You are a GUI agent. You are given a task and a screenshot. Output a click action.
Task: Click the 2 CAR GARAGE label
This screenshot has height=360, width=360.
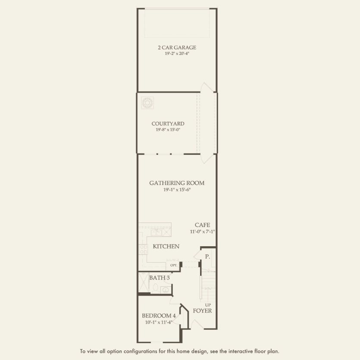coord(177,47)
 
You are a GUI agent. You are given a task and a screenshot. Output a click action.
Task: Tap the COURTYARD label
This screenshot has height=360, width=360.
coord(168,124)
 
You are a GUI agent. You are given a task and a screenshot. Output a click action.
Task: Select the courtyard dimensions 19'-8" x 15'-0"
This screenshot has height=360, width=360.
coord(168,130)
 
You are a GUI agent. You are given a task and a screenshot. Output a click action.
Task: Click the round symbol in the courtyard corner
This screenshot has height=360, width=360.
coord(147,102)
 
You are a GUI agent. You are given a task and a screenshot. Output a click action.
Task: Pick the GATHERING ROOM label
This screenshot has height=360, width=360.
coord(177,183)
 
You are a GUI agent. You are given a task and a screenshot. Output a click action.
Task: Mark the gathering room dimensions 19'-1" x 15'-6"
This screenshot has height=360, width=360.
coord(177,189)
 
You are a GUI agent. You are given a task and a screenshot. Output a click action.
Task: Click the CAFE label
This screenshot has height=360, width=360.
coord(202,225)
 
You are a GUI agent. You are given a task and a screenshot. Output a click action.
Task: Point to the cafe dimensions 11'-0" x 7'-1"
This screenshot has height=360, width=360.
coord(202,232)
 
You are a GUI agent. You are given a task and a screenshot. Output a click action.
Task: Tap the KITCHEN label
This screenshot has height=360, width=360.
coord(166,247)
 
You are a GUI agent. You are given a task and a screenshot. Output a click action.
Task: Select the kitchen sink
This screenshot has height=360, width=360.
coord(156,232)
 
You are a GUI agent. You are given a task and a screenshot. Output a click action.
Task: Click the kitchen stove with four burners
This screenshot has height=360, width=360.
coord(143,250)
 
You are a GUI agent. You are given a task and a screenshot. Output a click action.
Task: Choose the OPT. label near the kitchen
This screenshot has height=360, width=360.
coord(173,265)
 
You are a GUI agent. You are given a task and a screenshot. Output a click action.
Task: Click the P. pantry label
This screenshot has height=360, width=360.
coord(207,257)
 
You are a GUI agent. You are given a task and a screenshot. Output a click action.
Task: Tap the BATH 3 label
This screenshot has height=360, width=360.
coord(159,278)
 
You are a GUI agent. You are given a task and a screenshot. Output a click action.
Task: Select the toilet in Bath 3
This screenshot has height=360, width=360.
coord(164,289)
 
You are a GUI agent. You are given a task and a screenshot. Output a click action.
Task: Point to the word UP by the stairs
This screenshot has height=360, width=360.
coord(208,305)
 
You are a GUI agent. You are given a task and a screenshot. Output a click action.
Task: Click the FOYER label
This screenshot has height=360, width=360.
coord(202,311)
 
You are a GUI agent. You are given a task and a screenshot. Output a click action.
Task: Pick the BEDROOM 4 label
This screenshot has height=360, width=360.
coord(158,316)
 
